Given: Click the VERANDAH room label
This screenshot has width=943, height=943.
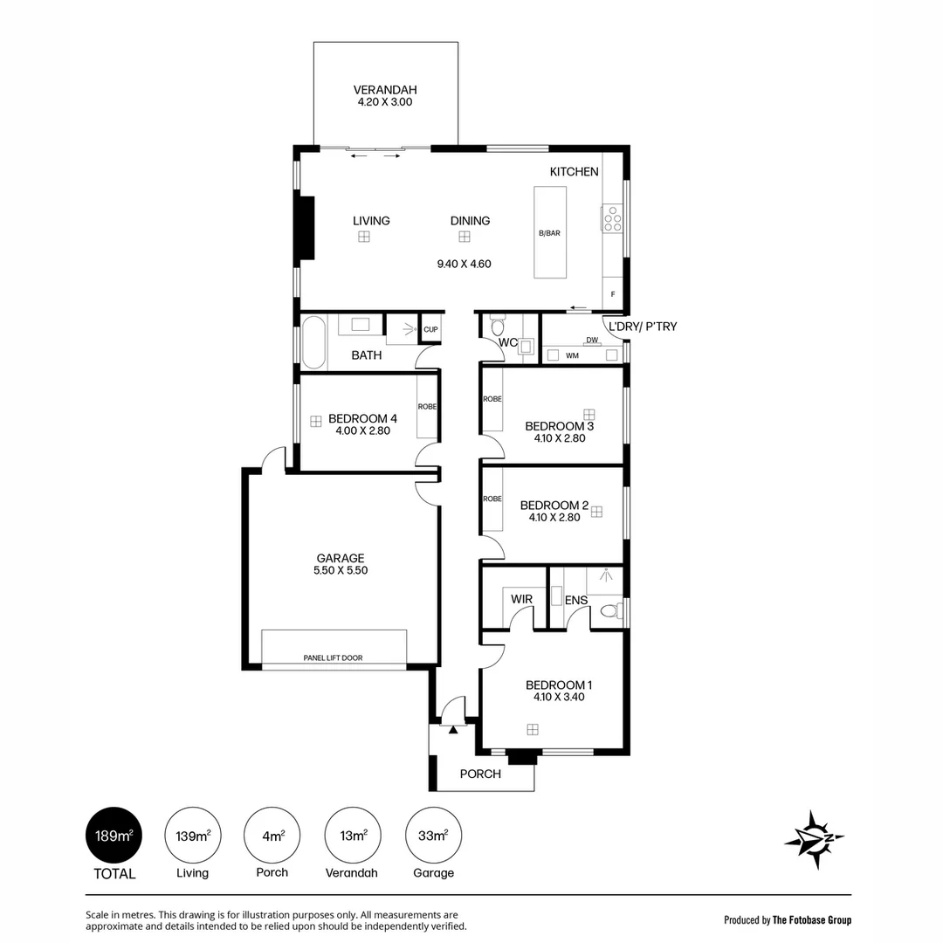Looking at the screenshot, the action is tap(385, 90).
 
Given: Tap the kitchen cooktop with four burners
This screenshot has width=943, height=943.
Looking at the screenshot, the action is tap(613, 219).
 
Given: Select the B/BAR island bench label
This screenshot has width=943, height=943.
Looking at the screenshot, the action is tap(550, 233).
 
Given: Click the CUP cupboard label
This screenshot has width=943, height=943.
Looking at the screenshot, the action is tap(430, 329).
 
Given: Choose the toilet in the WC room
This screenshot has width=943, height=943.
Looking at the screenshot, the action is tap(498, 325).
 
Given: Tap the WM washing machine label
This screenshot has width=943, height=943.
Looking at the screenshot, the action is tap(573, 355).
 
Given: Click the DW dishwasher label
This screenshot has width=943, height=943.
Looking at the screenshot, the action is tap(592, 340).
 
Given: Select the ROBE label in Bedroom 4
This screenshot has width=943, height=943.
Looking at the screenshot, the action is tap(428, 407).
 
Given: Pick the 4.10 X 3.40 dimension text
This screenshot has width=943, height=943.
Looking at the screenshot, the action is tap(559, 697).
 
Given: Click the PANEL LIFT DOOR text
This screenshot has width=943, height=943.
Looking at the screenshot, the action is tap(334, 658).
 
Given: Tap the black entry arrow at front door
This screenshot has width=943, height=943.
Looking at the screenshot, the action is tap(453, 729).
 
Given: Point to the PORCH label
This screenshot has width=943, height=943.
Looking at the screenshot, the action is tap(480, 774).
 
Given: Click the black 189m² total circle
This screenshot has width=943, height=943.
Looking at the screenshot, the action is tap(114, 836).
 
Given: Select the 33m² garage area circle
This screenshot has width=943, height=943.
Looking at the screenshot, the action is tap(434, 836).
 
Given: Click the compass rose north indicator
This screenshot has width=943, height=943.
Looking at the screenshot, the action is tap(815, 839).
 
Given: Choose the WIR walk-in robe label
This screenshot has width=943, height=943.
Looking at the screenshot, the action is tap(521, 599).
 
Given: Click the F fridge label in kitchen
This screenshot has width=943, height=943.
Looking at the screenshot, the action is tap(613, 295).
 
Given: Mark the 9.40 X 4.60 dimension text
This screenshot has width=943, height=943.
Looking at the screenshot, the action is tap(465, 264).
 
